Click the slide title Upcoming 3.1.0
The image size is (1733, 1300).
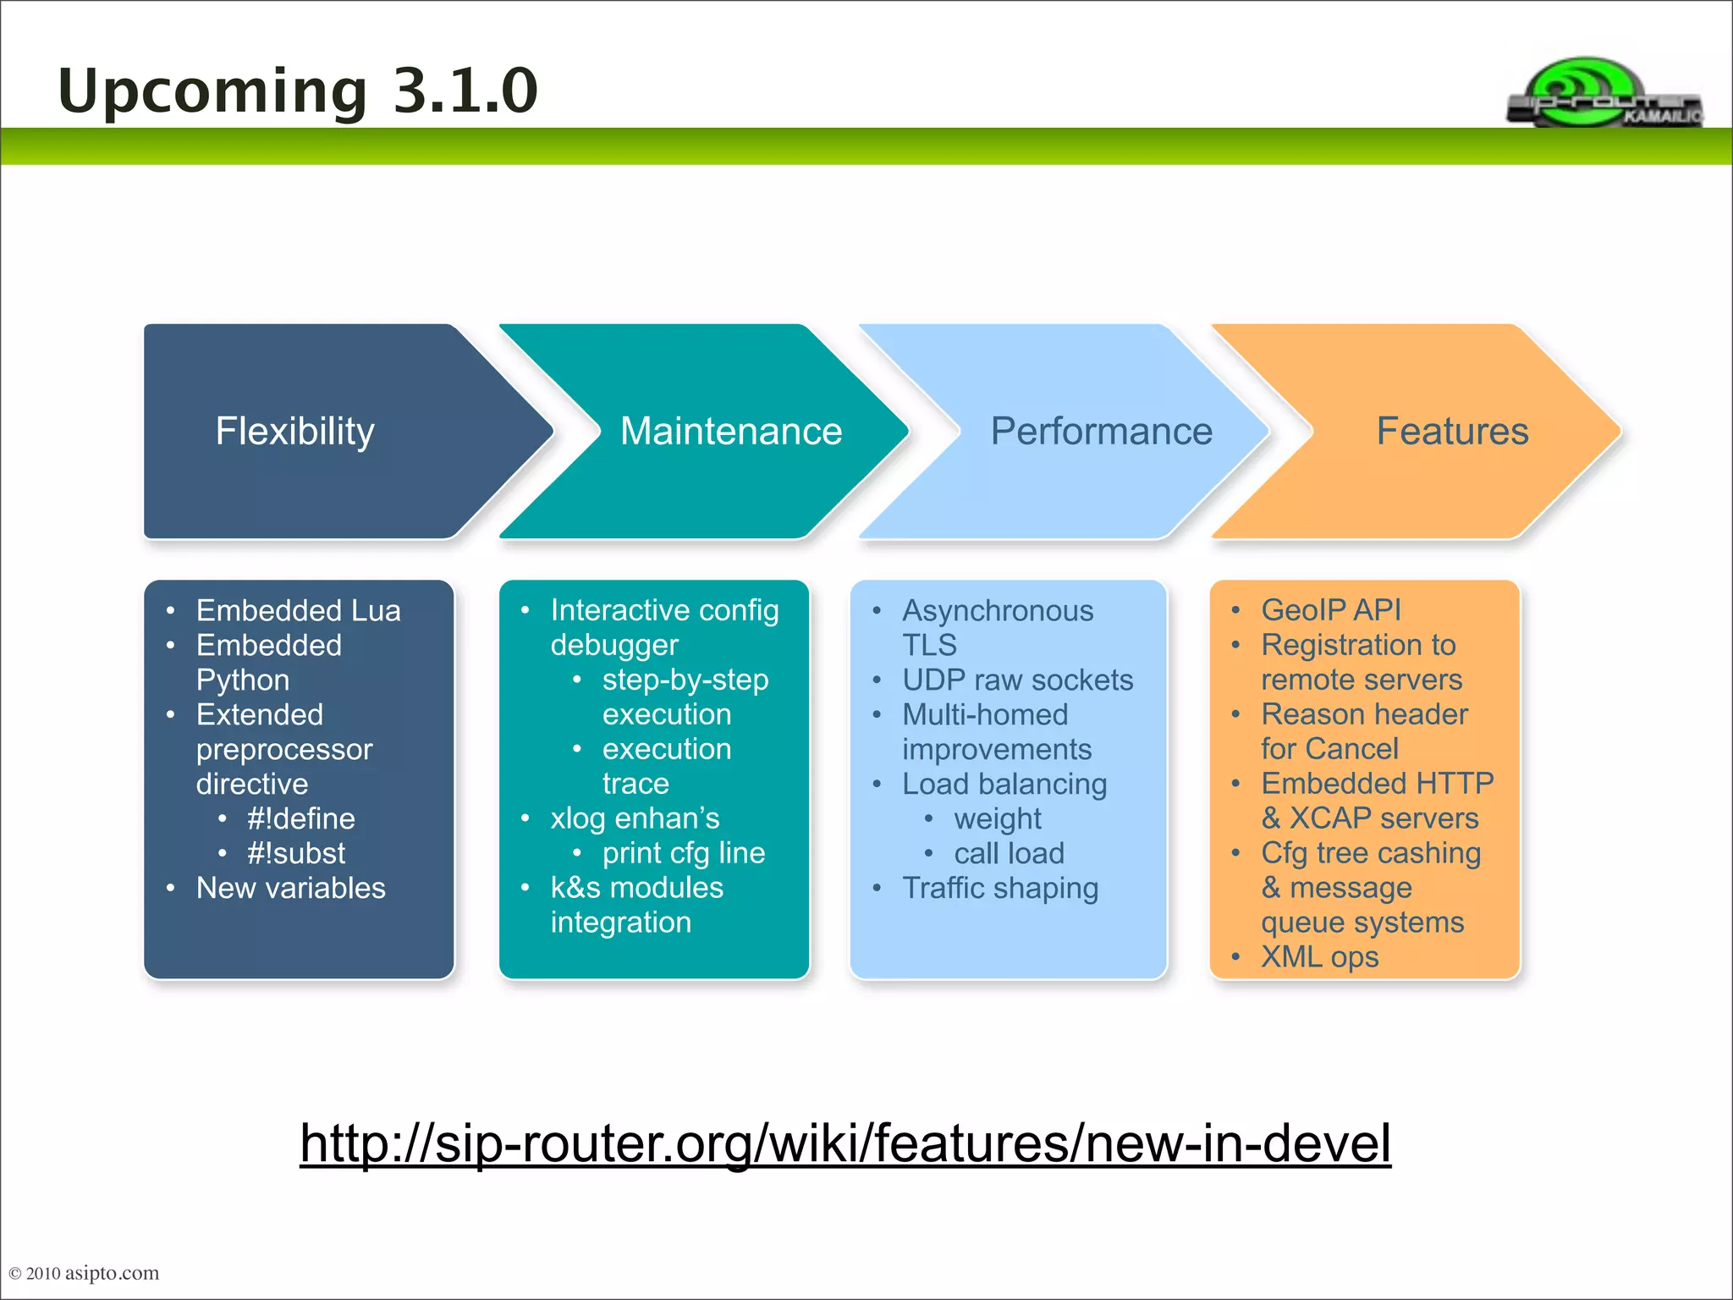pos(297,91)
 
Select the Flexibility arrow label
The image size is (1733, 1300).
pos(294,432)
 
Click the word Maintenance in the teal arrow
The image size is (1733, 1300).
pos(730,432)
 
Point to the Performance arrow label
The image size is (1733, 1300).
pos(1101,432)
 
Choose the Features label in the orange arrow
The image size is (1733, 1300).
pos(1452,432)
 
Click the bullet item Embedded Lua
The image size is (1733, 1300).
pos(298,610)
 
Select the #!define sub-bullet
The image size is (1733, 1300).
pos(300,818)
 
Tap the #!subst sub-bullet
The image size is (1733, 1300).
pos(296,853)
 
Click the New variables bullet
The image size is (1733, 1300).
pos(290,888)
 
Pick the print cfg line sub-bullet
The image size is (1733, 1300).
pos(683,853)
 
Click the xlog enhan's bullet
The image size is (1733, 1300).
pos(635,818)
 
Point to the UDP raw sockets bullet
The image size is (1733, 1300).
pos(1017,680)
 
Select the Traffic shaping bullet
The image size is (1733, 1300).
pos(999,888)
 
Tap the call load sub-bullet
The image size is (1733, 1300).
pos(1009,853)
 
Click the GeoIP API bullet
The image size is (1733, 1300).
pos(1330,610)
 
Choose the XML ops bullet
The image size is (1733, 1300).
pos(1319,957)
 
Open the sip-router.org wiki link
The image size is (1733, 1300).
pos(844,1143)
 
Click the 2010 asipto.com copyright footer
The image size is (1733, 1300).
pos(84,1273)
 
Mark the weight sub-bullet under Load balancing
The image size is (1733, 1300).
pos(997,818)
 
